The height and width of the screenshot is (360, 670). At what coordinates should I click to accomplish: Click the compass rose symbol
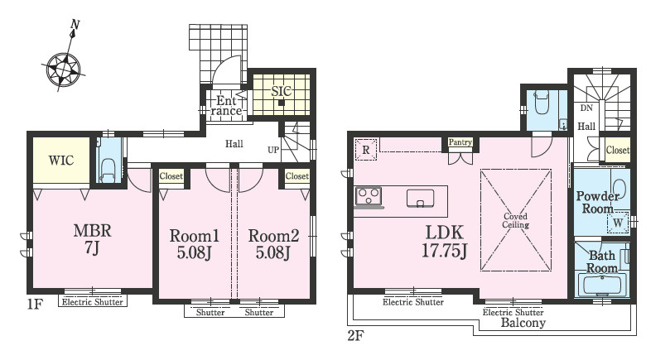point(64,69)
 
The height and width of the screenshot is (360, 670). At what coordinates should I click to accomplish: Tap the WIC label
point(61,161)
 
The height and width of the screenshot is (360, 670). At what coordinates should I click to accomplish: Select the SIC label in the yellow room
point(281,90)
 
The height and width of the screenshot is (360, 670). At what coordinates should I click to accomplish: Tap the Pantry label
point(460,142)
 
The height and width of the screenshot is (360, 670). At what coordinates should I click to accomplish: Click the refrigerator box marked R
point(366,150)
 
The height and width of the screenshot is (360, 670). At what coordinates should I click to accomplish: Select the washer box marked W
point(618,223)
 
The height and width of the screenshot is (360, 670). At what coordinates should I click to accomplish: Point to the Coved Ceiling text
point(515,220)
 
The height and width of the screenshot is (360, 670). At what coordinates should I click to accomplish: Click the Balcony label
point(523,323)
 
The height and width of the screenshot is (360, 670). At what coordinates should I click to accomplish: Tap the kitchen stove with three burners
point(369,196)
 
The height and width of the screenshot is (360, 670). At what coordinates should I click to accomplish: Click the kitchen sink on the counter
point(421,199)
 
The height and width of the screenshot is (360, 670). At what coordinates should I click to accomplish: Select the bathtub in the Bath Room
point(601,286)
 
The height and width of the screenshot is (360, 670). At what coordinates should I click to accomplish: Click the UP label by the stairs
point(273,150)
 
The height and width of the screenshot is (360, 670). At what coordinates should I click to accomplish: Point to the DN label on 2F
point(586,108)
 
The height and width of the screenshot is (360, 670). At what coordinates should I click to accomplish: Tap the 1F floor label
point(35,304)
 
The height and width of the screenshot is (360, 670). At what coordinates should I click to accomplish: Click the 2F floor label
point(355,336)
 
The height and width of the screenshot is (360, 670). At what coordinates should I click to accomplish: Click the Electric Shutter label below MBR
point(92,302)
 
